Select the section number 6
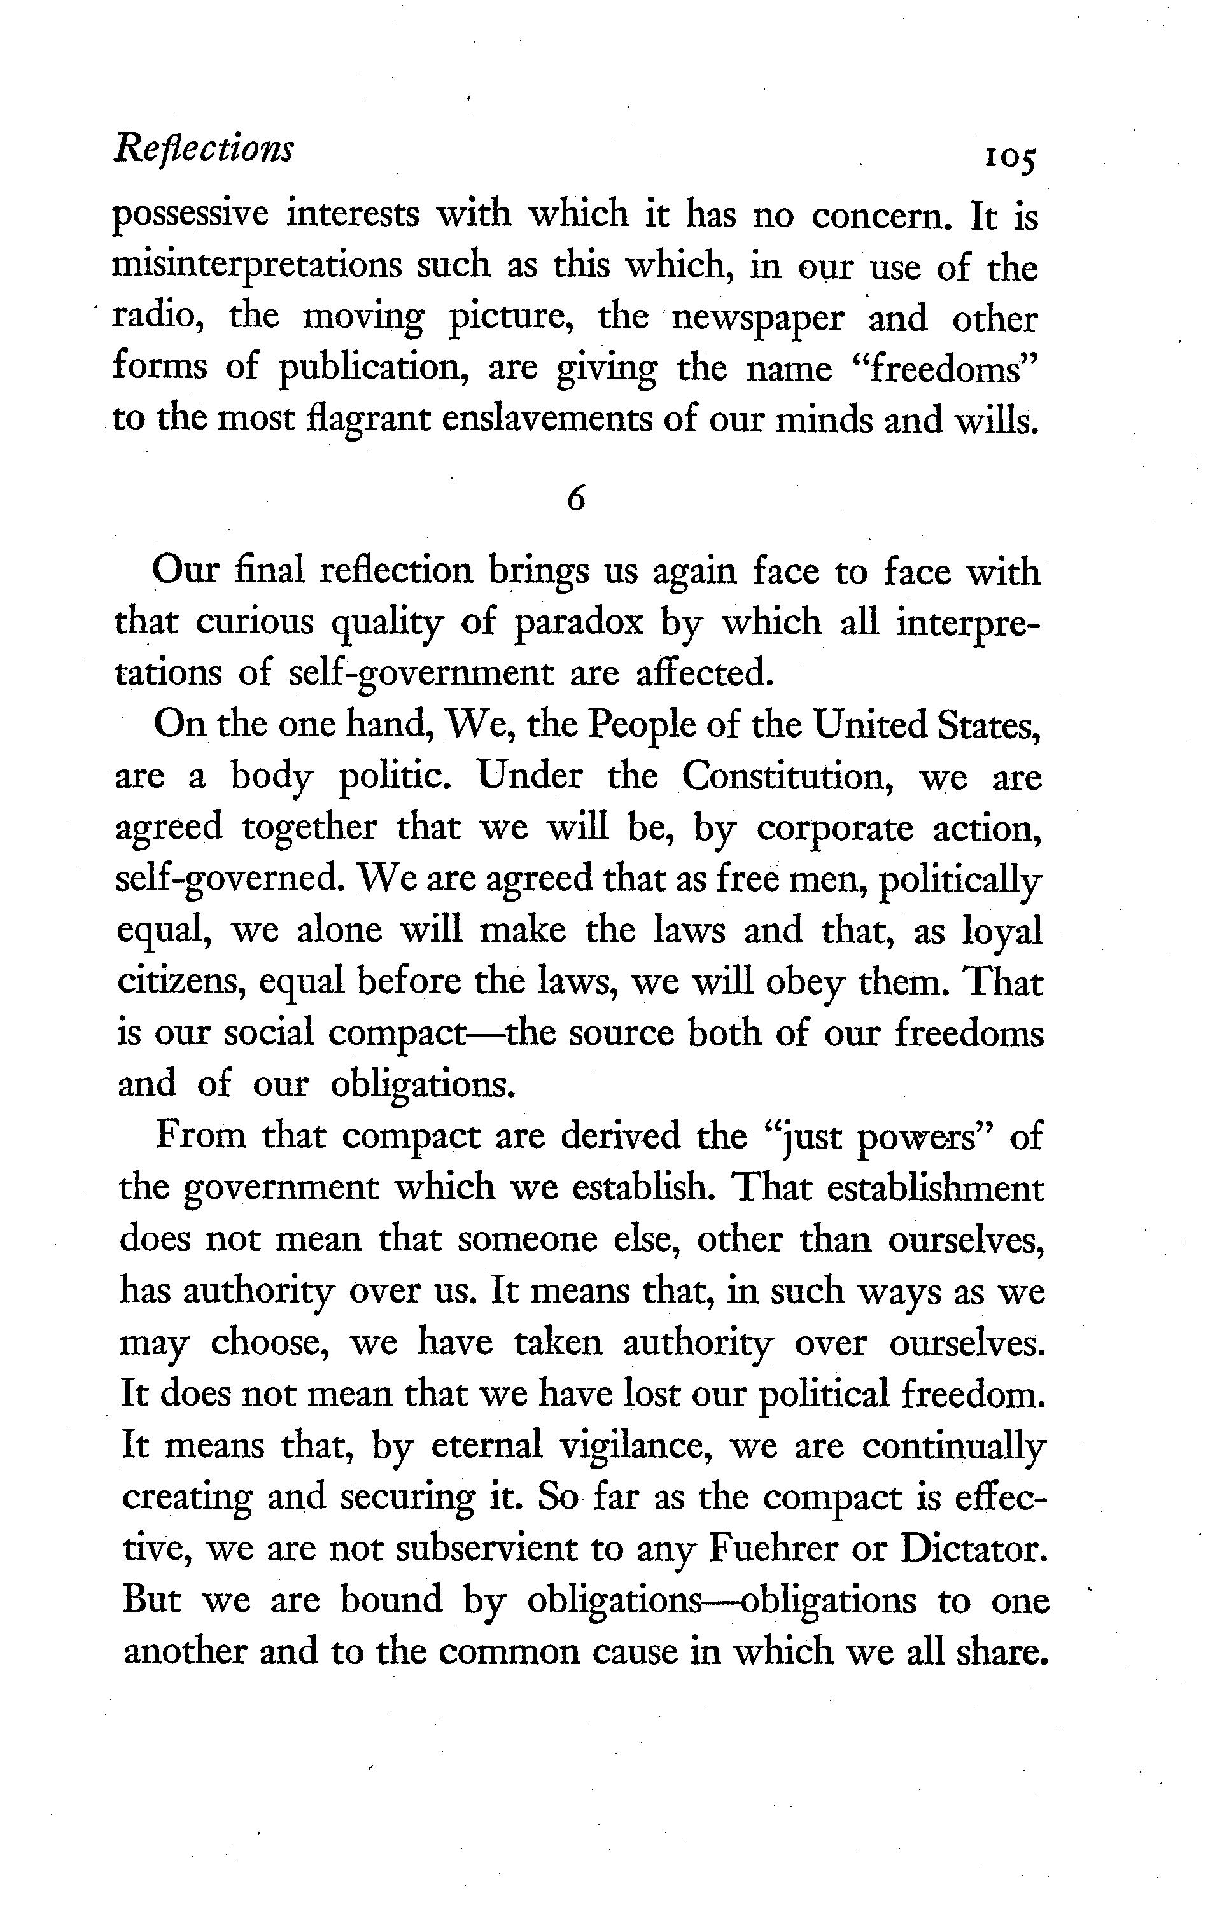coord(577,498)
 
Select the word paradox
coord(579,622)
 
